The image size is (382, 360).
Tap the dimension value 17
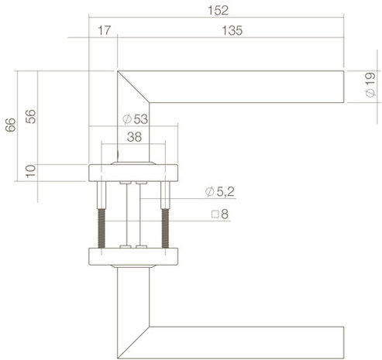point(103,31)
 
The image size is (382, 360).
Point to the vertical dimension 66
point(10,125)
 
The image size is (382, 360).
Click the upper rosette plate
point(133,172)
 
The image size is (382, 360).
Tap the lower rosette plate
point(133,255)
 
